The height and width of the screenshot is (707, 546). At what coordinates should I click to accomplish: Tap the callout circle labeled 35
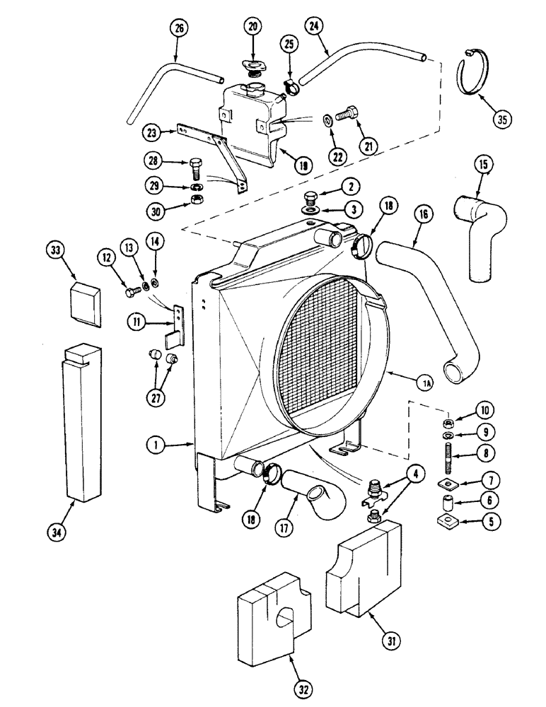pyautogui.click(x=502, y=119)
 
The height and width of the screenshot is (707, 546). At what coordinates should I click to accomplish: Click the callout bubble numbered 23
pyautogui.click(x=151, y=132)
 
